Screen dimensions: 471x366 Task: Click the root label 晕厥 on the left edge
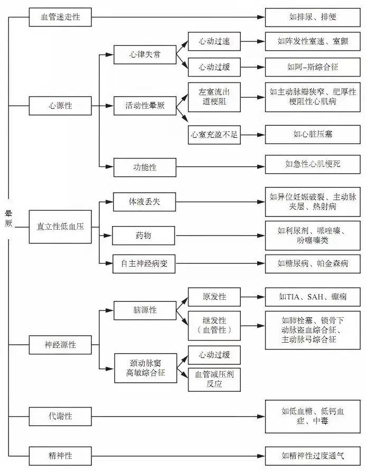pyautogui.click(x=8, y=218)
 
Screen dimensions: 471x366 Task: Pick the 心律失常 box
pyautogui.click(x=145, y=54)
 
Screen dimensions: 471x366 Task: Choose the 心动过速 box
pyautogui.click(x=214, y=41)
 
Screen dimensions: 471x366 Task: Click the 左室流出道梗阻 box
pyautogui.click(x=214, y=97)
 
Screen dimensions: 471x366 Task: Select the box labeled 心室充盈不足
pyautogui.click(x=214, y=135)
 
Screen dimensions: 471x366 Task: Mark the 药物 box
pyautogui.click(x=145, y=235)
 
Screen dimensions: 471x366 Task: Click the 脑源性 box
pyautogui.click(x=145, y=310)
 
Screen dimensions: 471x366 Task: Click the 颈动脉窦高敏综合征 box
pyautogui.click(x=145, y=368)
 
